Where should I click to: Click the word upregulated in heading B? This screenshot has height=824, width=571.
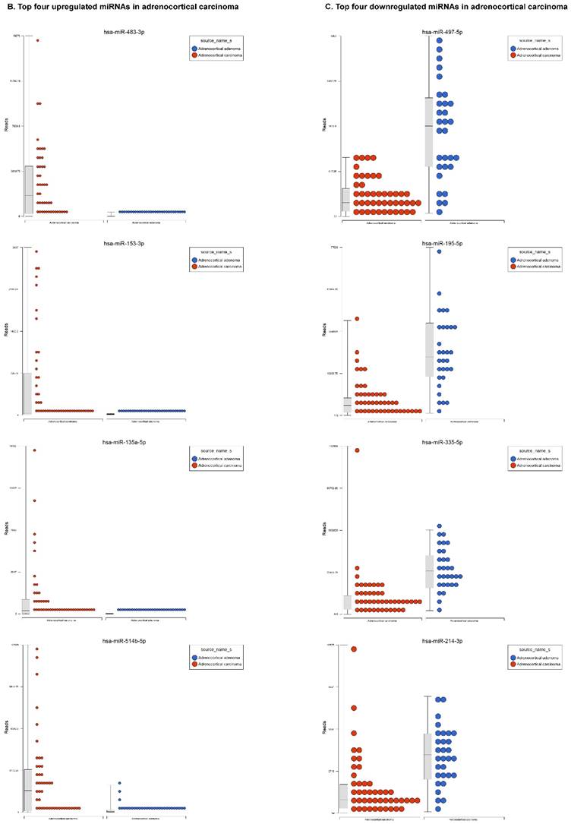[x=73, y=7]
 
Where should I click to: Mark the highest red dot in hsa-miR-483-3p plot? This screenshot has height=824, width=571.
[x=37, y=40]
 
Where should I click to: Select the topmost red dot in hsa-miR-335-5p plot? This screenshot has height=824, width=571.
[x=356, y=450]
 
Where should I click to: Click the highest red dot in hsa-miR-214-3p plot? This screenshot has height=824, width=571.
[x=354, y=649]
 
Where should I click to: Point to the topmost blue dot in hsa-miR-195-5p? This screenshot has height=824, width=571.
[x=439, y=251]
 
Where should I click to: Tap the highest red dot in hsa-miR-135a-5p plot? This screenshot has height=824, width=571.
[x=35, y=450]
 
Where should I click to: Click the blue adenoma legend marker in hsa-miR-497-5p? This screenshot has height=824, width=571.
[x=514, y=48]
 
